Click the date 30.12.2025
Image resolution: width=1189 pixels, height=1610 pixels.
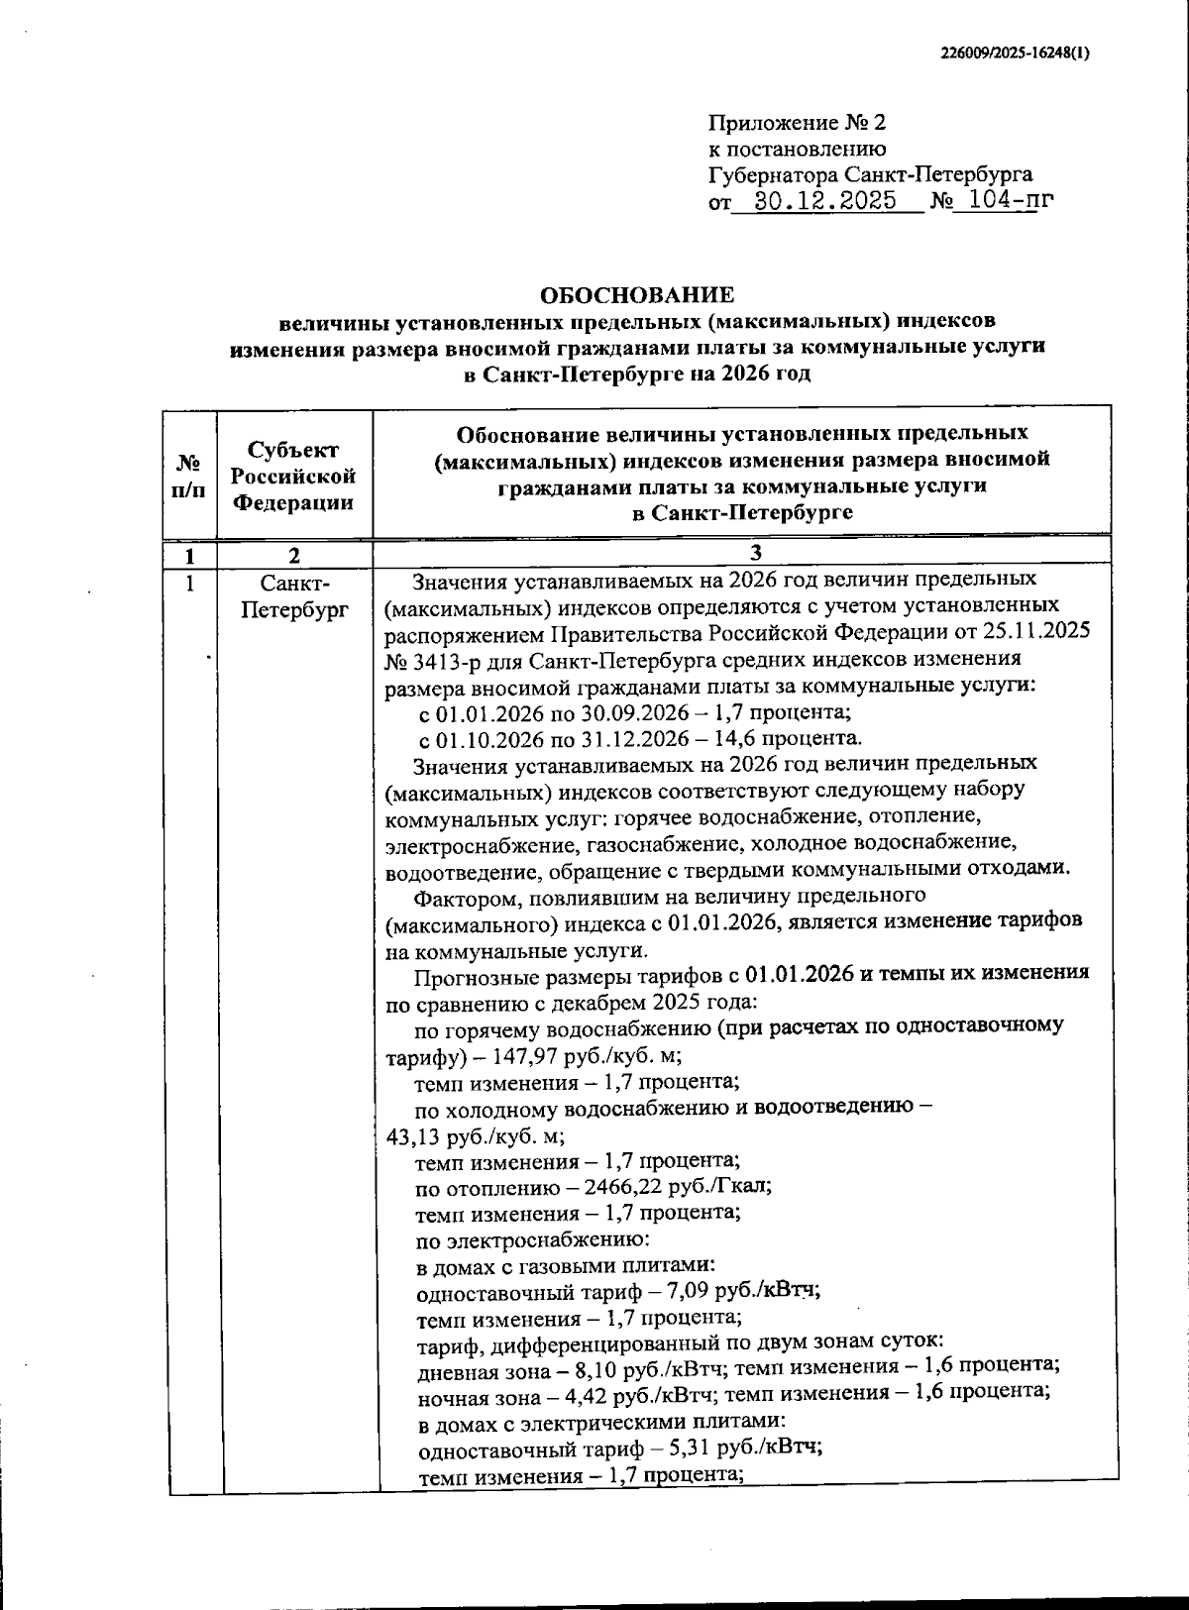coord(824,201)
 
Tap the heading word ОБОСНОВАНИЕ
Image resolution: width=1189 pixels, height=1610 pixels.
coord(637,295)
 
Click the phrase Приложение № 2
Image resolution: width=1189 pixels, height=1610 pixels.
coord(797,123)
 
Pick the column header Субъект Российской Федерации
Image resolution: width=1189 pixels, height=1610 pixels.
coord(293,476)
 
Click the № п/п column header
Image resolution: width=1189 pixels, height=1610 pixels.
coord(189,476)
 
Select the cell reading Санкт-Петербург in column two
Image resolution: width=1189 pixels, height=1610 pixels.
coord(294,595)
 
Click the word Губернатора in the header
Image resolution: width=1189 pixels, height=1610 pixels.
coord(774,175)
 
